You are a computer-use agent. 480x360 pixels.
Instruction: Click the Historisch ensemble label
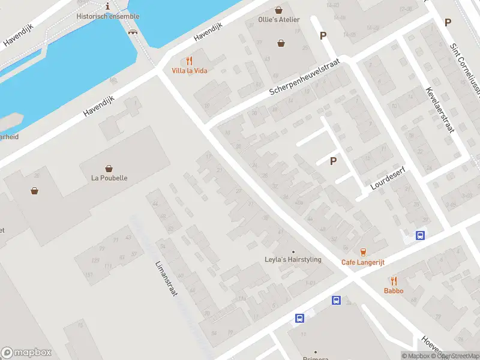click(108, 16)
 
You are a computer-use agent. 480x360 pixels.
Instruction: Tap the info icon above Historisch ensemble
click(107, 5)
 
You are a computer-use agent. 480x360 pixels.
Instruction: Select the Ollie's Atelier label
click(279, 20)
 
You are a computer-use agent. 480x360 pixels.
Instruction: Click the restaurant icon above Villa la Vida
click(190, 60)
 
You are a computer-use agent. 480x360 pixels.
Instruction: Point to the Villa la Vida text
click(190, 71)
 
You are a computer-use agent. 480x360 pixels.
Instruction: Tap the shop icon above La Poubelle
click(109, 168)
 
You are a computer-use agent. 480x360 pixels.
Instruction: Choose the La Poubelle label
click(109, 178)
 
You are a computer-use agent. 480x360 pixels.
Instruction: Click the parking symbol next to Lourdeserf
click(333, 161)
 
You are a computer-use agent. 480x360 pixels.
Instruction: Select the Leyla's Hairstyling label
click(293, 260)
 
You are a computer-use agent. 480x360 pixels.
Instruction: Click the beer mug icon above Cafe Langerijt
click(363, 252)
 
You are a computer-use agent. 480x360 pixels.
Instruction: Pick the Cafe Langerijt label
click(363, 262)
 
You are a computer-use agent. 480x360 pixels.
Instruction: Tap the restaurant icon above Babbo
click(394, 280)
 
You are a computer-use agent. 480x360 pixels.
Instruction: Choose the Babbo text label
click(394, 291)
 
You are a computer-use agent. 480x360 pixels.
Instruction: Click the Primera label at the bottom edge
click(316, 357)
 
